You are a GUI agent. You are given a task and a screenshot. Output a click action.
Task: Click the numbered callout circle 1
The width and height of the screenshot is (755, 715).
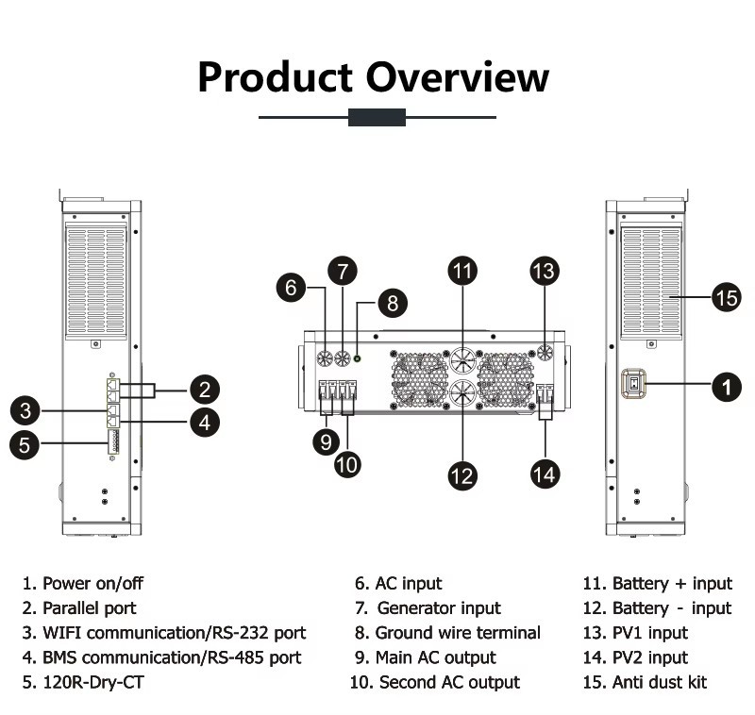pyautogui.click(x=727, y=387)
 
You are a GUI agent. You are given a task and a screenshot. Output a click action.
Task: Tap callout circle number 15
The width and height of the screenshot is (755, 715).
pyautogui.click(x=727, y=297)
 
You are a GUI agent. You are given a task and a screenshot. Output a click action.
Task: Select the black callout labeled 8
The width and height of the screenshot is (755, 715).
pyautogui.click(x=393, y=303)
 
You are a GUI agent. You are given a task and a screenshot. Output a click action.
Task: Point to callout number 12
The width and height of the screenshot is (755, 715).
pyautogui.click(x=462, y=475)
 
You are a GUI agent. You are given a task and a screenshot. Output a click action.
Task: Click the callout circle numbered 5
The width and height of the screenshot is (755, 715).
pyautogui.click(x=25, y=444)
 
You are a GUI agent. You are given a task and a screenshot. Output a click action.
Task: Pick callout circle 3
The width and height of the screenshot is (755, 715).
pyautogui.click(x=25, y=410)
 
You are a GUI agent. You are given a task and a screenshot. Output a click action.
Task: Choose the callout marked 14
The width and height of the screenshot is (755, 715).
pyautogui.click(x=545, y=474)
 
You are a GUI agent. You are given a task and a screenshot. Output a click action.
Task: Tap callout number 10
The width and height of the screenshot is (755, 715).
pyautogui.click(x=347, y=464)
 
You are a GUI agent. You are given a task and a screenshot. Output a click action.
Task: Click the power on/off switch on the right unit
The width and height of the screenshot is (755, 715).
pyautogui.click(x=634, y=384)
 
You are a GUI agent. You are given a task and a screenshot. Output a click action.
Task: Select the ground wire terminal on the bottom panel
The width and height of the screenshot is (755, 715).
pyautogui.click(x=358, y=358)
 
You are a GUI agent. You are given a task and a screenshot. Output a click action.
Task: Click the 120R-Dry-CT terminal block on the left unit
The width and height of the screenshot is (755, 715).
pyautogui.click(x=113, y=441)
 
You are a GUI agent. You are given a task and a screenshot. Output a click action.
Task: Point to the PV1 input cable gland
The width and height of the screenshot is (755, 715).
pyautogui.click(x=545, y=353)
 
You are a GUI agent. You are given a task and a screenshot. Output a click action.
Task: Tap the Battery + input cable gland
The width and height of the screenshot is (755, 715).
pyautogui.click(x=462, y=358)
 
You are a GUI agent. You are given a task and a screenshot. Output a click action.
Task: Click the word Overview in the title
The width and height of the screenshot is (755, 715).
pyautogui.click(x=458, y=77)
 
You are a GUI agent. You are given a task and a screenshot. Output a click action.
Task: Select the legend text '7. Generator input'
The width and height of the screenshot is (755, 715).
pyautogui.click(x=428, y=608)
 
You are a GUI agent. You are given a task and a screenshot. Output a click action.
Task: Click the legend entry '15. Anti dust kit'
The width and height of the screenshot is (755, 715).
pyautogui.click(x=645, y=682)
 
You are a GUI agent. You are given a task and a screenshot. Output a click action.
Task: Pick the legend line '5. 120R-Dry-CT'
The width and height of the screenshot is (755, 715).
pyautogui.click(x=83, y=682)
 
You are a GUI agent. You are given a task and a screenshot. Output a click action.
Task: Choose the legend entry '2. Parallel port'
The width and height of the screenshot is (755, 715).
pyautogui.click(x=79, y=608)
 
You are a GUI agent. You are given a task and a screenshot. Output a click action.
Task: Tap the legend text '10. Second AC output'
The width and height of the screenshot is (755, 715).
pyautogui.click(x=435, y=682)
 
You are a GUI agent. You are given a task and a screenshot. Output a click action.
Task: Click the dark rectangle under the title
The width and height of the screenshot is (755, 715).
pyautogui.click(x=377, y=117)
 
